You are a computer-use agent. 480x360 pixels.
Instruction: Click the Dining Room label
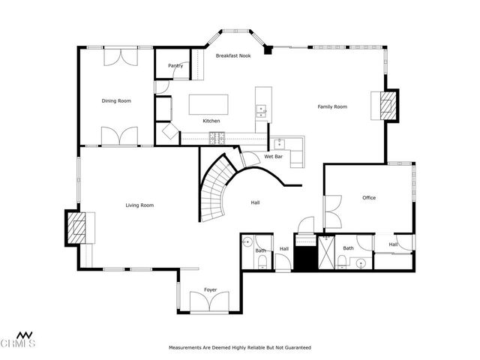116,100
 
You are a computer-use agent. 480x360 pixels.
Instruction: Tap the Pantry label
175,65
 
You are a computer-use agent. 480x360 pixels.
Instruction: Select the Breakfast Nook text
233,56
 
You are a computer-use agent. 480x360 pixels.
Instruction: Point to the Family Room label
332,106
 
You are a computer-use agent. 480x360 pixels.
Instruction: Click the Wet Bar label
272,157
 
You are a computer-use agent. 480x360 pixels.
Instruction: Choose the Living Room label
139,205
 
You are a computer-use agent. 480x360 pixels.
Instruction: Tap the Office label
369,198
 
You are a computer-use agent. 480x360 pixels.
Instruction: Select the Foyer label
211,289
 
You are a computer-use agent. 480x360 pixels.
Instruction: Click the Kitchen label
211,121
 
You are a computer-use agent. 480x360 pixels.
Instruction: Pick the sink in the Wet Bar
279,145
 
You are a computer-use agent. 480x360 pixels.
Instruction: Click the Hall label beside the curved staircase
255,202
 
